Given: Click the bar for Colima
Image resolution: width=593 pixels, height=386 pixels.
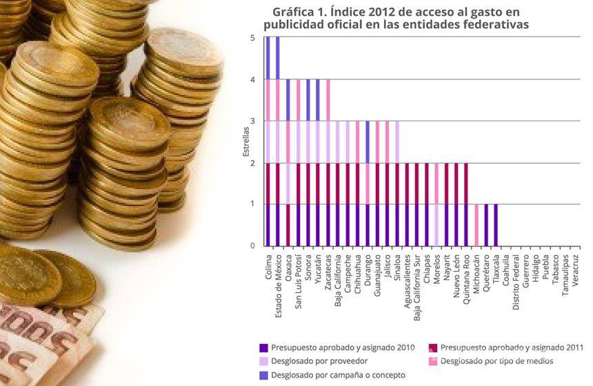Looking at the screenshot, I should [268, 141].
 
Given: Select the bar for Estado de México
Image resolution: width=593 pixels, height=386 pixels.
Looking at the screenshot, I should [278, 141].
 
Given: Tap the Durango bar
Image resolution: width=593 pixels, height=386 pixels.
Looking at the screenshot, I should [368, 183].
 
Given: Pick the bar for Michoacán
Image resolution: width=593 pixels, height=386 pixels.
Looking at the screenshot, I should [476, 225].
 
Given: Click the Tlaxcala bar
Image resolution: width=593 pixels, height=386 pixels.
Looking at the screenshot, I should [496, 225].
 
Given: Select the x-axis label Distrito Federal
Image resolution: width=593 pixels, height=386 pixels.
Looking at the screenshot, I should [516, 282].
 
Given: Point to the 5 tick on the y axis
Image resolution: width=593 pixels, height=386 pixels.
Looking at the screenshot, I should [252, 38].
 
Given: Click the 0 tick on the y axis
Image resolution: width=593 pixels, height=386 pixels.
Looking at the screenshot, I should [252, 245].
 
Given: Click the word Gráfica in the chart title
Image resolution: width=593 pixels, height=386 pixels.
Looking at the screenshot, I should [294, 12].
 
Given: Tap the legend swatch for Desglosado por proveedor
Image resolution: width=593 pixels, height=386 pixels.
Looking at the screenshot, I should [263, 361].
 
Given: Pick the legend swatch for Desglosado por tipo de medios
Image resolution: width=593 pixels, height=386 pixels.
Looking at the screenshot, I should [432, 361].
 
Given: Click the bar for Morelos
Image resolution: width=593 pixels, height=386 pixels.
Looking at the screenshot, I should [436, 204].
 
